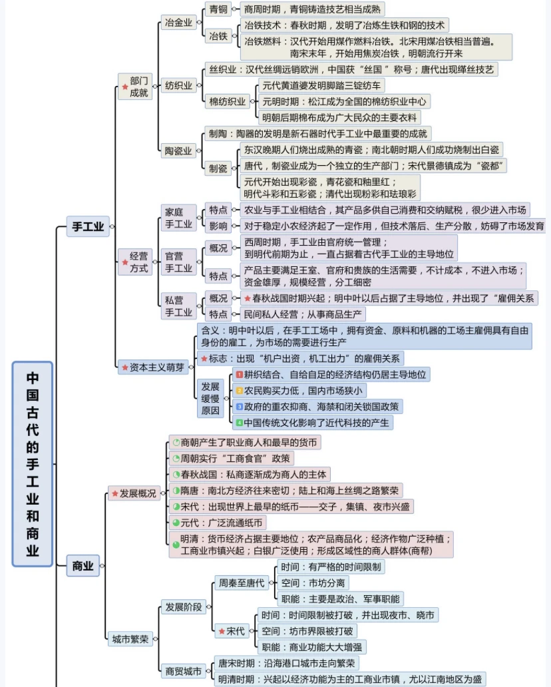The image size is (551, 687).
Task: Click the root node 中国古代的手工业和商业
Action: coord(32,463)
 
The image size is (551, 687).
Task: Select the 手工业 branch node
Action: coord(88,227)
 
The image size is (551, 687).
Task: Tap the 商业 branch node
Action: coord(83,567)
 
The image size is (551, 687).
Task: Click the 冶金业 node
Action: coord(178,23)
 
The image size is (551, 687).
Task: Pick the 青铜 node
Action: coord(218,9)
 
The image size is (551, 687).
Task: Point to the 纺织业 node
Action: coord(178,85)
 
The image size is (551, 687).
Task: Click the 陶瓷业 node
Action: coord(178,150)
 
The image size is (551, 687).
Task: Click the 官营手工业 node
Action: coord(178,262)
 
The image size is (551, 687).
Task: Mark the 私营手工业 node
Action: coord(178,306)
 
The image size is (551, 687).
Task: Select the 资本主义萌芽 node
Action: coord(153,367)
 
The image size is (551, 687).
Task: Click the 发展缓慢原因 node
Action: coord(210,398)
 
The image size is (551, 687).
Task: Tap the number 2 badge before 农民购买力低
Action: coord(240,390)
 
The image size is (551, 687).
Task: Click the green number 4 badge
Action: coord(239,422)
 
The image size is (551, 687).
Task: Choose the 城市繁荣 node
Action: coord(130,640)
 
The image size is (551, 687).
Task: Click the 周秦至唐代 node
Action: coord(240,583)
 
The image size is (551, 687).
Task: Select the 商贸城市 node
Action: coord(183,671)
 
